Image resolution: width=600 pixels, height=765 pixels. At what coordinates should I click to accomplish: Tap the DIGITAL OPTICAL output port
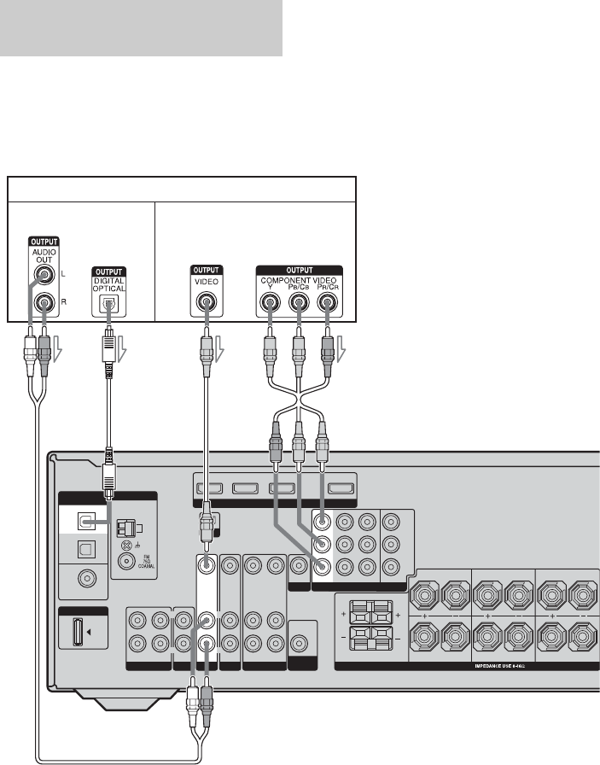pos(108,301)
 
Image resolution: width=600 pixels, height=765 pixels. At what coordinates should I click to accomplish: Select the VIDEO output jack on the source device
pos(206,301)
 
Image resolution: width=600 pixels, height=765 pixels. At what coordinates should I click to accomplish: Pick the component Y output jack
pos(270,301)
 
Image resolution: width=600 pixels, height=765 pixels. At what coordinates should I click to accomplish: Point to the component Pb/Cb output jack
pos(300,301)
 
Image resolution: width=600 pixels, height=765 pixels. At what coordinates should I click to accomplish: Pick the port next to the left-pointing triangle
pos(76,635)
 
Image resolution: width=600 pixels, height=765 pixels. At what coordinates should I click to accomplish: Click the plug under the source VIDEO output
pos(206,345)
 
